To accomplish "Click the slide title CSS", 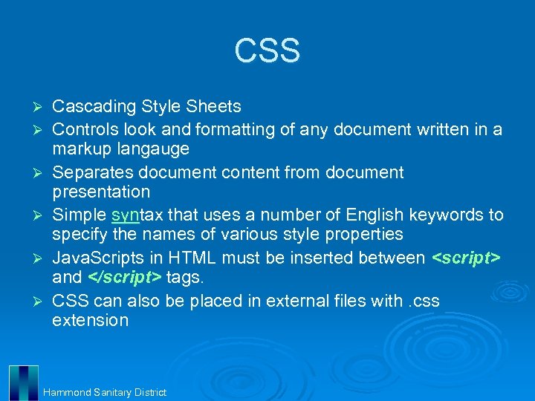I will (267, 50).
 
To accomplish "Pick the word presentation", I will (101, 192).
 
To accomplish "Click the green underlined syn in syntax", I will (124, 215).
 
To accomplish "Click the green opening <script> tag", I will (467, 258).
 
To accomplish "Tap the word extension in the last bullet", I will (90, 320).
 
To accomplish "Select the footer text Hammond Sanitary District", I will (105, 392).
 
